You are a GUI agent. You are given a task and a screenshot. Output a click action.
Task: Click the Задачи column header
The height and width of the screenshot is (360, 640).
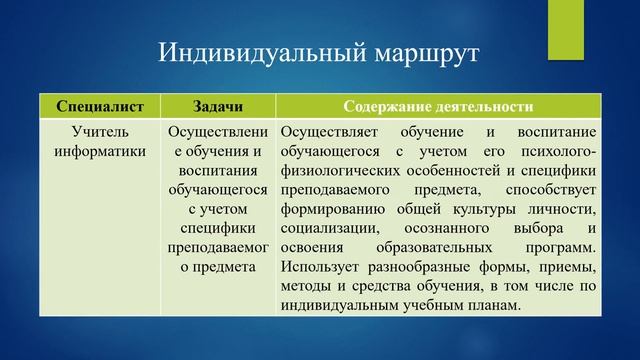click(218, 106)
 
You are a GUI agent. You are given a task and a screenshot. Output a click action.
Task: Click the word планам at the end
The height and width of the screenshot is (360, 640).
click(496, 304)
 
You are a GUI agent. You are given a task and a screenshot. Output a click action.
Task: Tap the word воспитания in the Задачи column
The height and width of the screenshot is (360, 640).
click(218, 171)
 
